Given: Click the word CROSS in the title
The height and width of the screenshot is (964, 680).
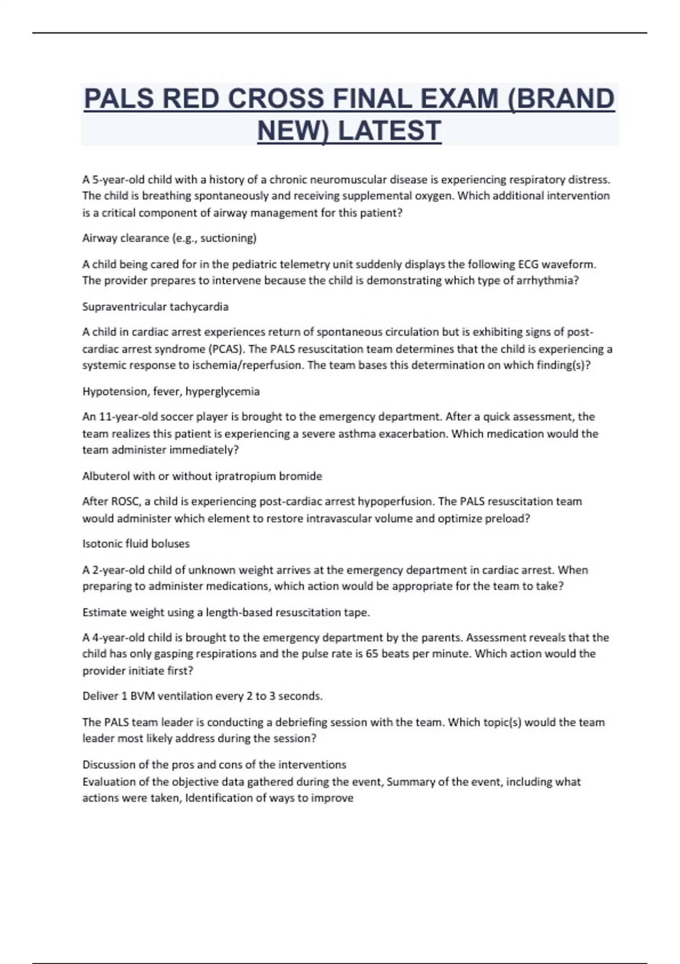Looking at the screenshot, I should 278,99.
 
